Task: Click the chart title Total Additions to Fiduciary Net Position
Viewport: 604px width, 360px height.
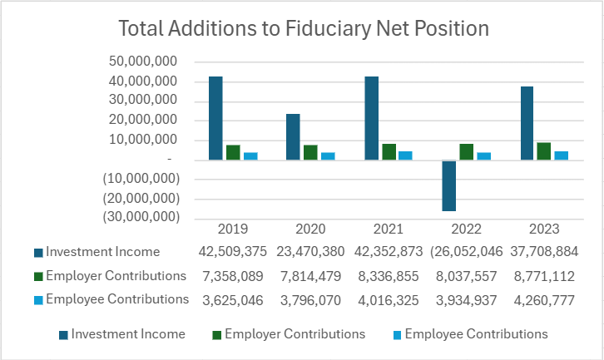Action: (303, 28)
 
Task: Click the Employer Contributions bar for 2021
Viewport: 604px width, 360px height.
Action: (389, 151)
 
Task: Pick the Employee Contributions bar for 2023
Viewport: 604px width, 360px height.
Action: (562, 155)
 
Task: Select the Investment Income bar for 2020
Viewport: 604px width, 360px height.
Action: (294, 136)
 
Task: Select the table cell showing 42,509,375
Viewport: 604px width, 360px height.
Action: (233, 251)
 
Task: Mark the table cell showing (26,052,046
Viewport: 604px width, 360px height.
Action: (466, 251)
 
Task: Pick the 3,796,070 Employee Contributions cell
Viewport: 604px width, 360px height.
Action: (311, 299)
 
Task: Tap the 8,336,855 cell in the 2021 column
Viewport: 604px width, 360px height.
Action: (389, 275)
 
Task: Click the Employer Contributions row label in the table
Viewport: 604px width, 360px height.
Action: (116, 275)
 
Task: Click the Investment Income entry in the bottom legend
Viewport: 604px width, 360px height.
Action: (127, 334)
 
